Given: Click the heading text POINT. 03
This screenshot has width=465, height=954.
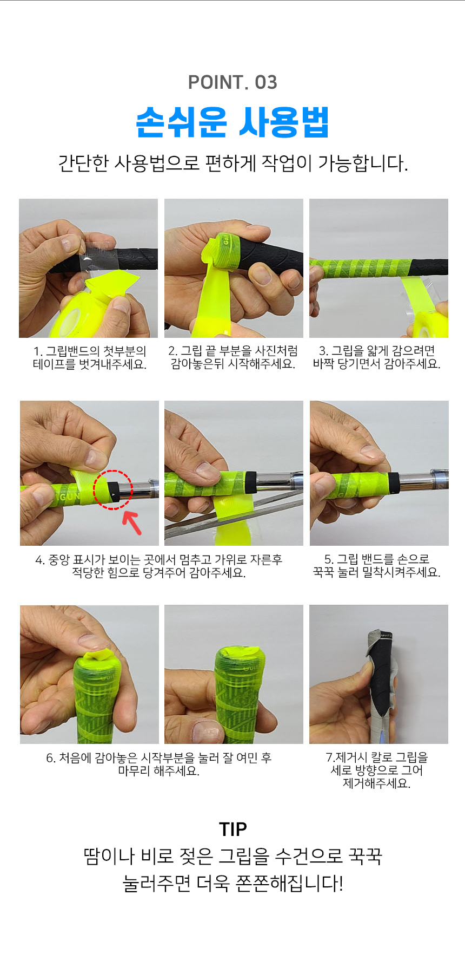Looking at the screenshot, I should (232, 82).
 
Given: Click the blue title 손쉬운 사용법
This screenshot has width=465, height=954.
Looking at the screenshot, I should (232, 122).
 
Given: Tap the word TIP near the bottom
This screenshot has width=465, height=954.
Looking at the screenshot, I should (232, 829).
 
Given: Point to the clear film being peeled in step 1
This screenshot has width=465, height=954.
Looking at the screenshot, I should (101, 254).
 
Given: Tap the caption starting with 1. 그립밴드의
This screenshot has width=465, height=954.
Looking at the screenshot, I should (89, 357).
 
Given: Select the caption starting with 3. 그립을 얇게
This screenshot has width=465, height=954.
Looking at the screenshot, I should (377, 357).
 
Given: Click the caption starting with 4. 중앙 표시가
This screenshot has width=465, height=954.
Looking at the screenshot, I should (159, 566).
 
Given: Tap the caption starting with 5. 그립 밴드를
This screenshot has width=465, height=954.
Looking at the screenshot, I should (377, 566).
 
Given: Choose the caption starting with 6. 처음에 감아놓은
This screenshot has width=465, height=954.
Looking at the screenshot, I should (159, 764).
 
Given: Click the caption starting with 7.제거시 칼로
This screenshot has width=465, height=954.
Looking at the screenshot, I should (377, 769).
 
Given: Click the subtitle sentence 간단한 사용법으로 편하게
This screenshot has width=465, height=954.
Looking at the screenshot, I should (232, 162).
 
